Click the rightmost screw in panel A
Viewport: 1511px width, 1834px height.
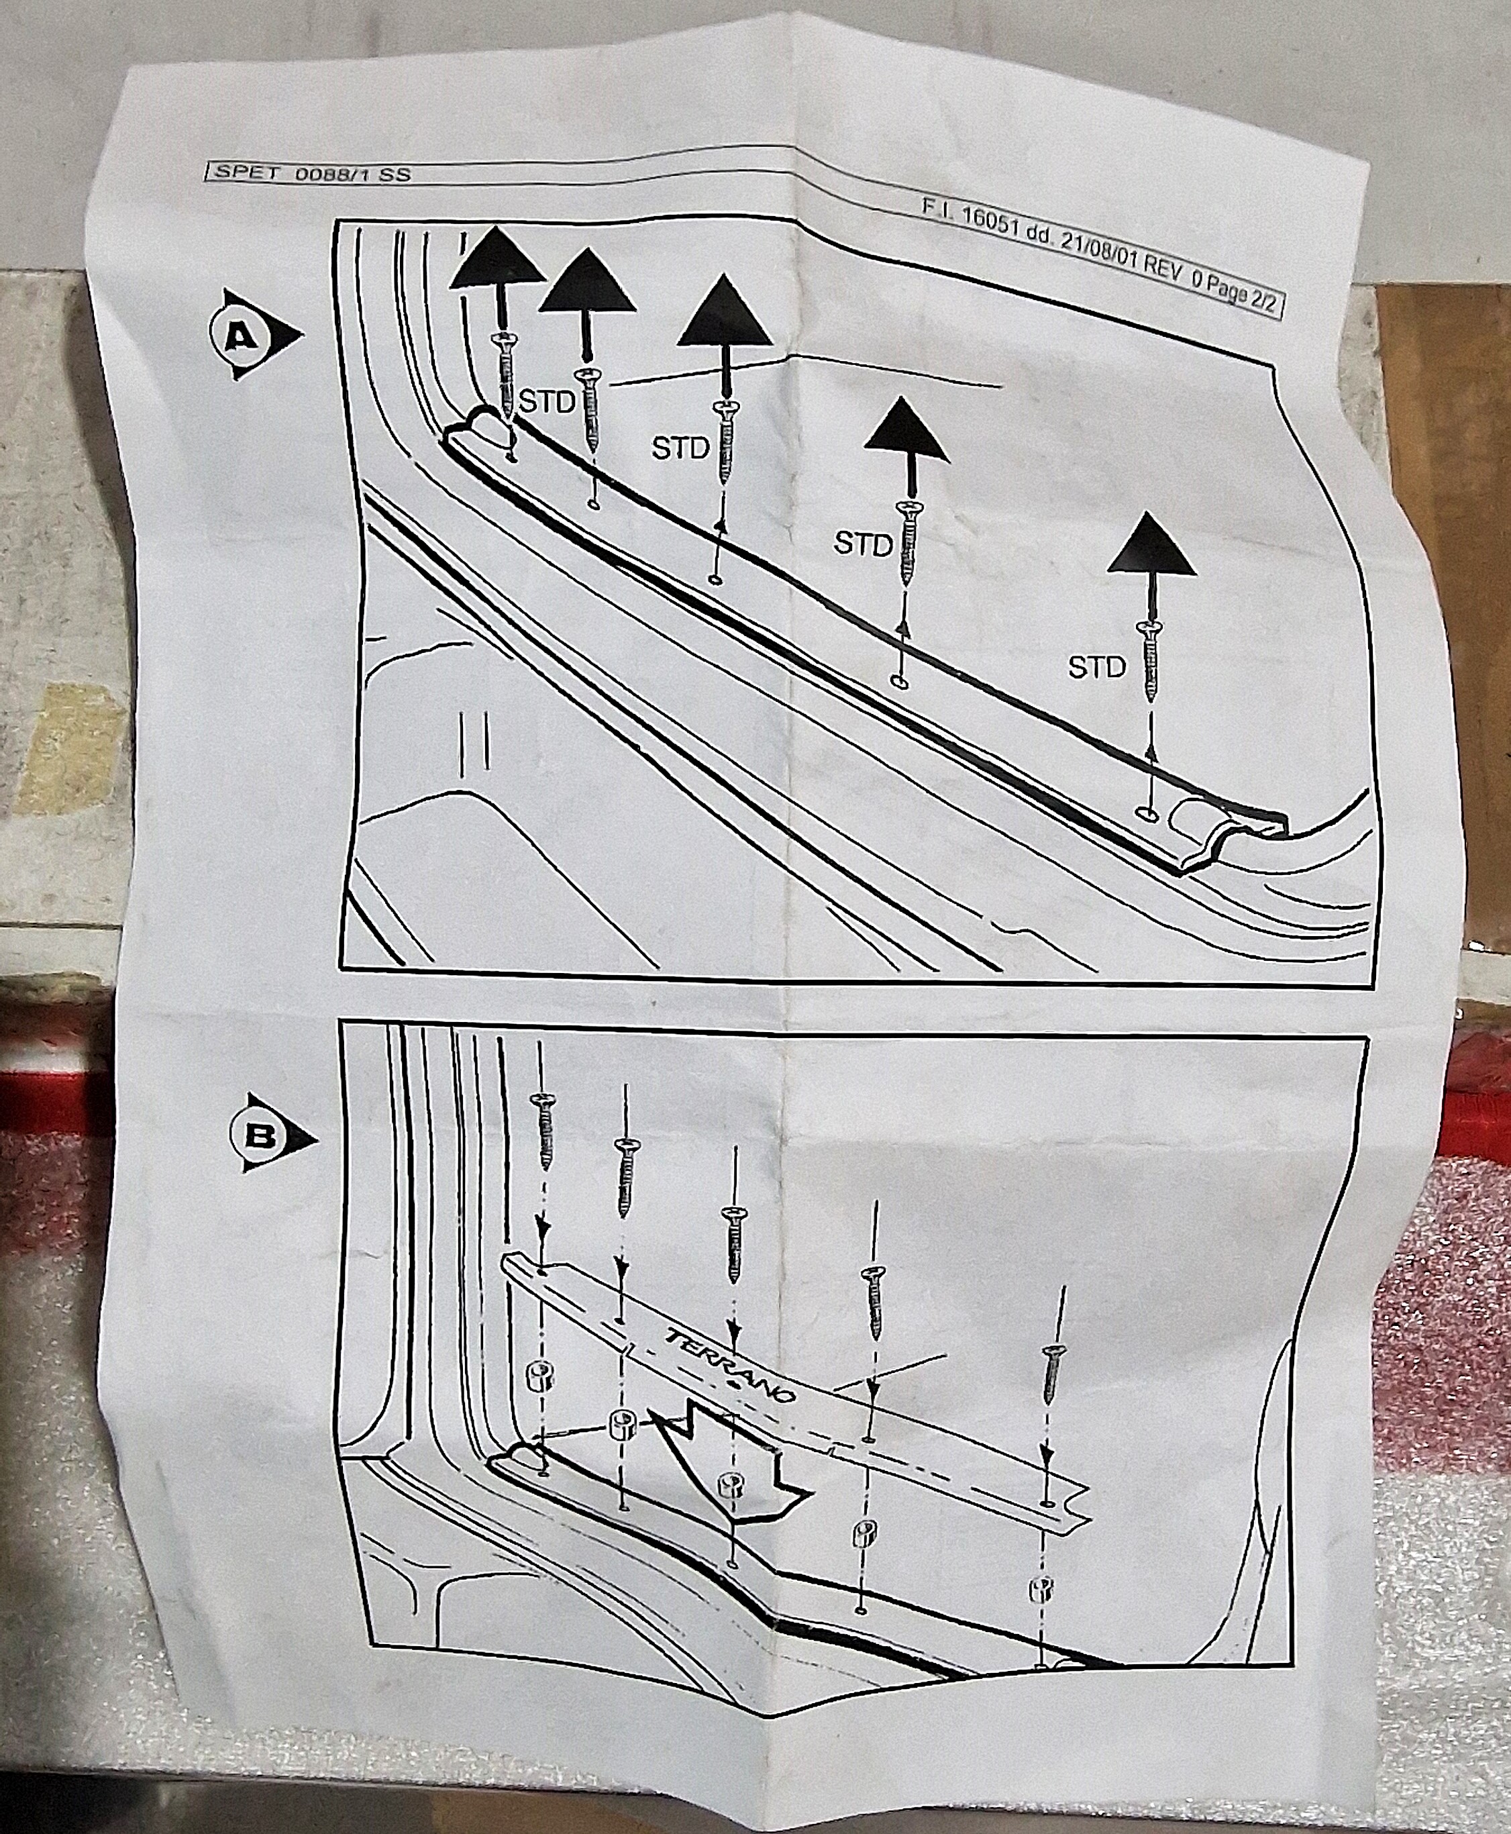click(1153, 658)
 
